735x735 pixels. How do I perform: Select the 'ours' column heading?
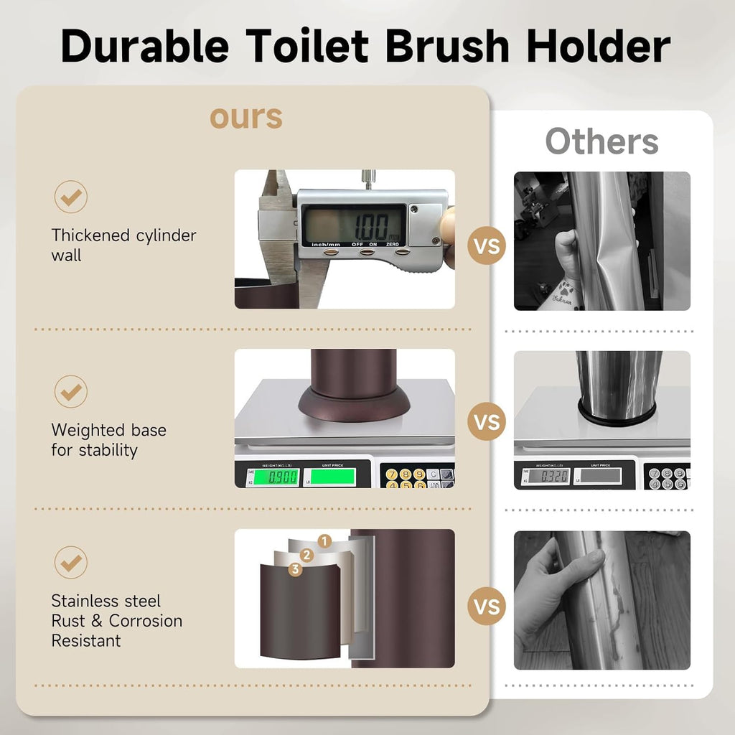(246, 117)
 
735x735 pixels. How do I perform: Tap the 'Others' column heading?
(601, 141)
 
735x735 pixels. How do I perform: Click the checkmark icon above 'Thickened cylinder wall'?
(70, 197)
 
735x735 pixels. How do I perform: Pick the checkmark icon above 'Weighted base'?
(70, 392)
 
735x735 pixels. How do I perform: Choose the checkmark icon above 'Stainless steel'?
(70, 563)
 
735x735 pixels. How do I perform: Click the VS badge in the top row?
(487, 247)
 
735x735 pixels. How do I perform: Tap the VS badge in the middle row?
(487, 421)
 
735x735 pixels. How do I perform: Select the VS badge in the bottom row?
(487, 607)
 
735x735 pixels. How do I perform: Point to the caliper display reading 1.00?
(353, 224)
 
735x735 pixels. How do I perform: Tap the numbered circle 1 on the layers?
(324, 541)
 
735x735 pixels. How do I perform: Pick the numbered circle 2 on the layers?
(307, 555)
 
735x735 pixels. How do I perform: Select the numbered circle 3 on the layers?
(294, 569)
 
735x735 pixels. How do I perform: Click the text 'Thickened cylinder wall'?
(123, 245)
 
